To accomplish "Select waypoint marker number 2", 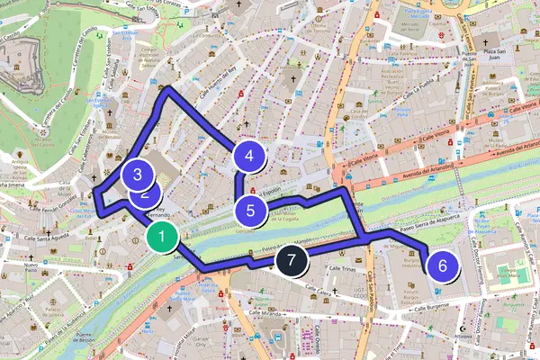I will tap(145, 191).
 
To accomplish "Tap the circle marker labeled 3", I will tap(137, 175).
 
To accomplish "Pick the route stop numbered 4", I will tap(249, 156).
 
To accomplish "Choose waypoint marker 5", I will tap(251, 211).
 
